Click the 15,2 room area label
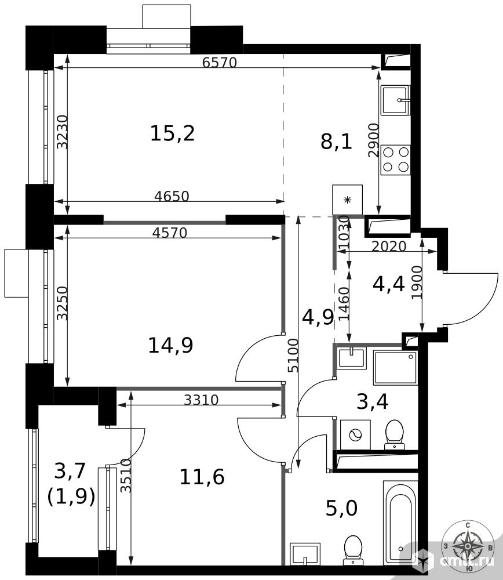(x=172, y=133)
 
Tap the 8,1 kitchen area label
(x=336, y=142)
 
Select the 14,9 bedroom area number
(x=171, y=345)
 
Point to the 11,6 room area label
(x=202, y=476)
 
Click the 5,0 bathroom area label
(x=342, y=508)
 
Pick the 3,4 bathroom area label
(x=372, y=402)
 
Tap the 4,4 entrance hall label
(x=389, y=284)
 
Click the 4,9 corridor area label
(x=318, y=317)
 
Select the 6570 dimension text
(x=219, y=62)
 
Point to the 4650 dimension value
(x=172, y=196)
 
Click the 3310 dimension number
(x=201, y=399)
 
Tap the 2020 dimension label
(x=389, y=246)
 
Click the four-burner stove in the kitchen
(x=395, y=160)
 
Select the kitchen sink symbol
(x=395, y=100)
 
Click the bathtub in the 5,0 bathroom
(x=401, y=522)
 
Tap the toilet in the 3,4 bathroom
(x=394, y=434)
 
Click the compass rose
(x=468, y=546)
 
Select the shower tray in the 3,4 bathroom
(x=395, y=368)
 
